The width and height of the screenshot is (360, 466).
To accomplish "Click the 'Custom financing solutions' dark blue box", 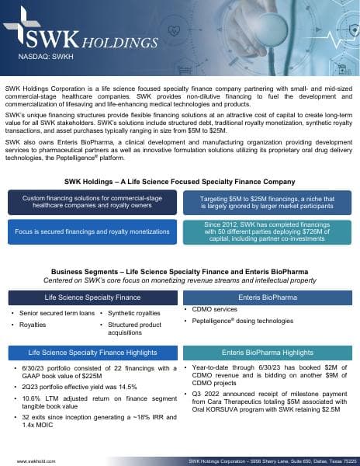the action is click(90, 203).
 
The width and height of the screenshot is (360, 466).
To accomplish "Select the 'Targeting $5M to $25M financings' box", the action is click(268, 203).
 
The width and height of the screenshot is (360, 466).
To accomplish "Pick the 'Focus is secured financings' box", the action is click(90, 231).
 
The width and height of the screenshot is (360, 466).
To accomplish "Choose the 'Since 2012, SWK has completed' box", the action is click(268, 231).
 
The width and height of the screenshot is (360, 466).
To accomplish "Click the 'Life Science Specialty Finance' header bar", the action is click(90, 298).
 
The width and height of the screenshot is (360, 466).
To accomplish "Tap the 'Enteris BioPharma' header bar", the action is click(268, 298).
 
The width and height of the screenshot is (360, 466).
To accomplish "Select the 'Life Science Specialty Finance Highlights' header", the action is click(90, 352).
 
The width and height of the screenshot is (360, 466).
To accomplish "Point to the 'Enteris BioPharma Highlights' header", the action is click(268, 352).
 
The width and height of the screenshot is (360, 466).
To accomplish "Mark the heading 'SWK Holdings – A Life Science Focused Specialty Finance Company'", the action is click(179, 182).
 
